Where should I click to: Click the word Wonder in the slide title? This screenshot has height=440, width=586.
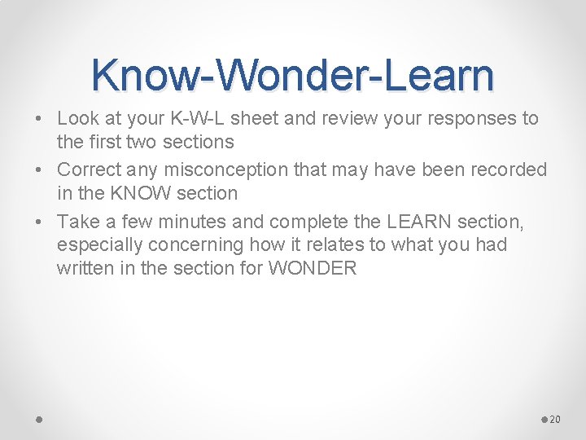pyautogui.click(x=287, y=76)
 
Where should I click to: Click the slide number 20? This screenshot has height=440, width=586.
pyautogui.click(x=555, y=419)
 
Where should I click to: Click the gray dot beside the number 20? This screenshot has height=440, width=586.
pyautogui.click(x=544, y=419)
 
